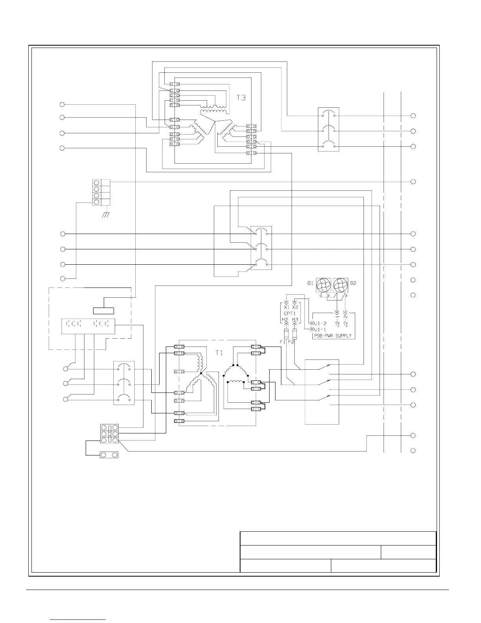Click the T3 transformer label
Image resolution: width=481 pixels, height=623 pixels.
[241, 98]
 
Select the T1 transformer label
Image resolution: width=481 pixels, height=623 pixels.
[219, 353]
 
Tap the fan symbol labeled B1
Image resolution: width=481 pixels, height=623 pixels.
[325, 286]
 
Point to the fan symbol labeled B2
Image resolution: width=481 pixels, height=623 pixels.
[340, 286]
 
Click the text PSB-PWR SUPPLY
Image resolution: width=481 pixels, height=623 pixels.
[332, 336]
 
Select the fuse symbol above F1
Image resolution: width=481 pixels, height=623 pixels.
[286, 334]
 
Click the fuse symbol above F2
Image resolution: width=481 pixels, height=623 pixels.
[294, 334]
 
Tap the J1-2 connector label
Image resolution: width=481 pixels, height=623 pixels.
[320, 323]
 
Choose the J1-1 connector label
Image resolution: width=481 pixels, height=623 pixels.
[320, 329]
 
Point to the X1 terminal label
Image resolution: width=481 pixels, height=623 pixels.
[286, 307]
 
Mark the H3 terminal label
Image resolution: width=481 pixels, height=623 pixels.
[295, 319]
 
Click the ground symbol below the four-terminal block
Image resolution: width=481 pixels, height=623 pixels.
[105, 215]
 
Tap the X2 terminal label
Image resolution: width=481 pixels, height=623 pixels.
[295, 307]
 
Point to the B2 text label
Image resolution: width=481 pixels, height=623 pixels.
[353, 283]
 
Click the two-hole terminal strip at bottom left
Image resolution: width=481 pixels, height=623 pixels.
[110, 455]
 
